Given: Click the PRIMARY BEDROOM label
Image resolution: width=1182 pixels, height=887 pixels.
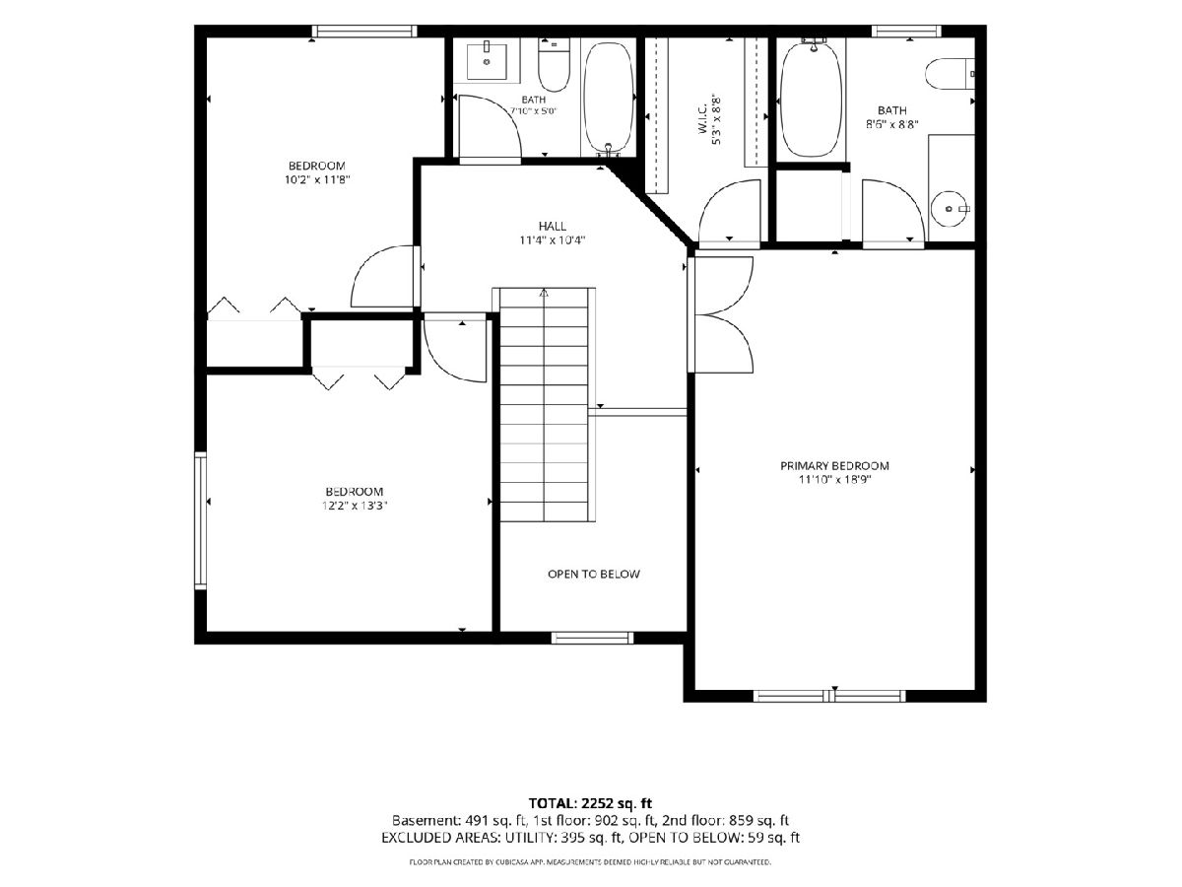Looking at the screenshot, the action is tap(834, 466).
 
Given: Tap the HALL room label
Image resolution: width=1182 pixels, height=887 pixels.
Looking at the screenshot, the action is tap(552, 227).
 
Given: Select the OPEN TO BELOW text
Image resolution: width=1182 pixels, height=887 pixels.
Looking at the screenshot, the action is tap(593, 575).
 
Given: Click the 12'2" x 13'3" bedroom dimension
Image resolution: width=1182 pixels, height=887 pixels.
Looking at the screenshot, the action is tap(355, 506).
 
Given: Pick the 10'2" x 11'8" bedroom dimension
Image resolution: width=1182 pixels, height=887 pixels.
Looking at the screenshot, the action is tap(317, 179).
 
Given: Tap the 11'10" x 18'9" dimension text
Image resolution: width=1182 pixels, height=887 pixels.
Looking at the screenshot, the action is tap(834, 480).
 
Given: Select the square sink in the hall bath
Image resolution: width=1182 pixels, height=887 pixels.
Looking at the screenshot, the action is tap(487, 62).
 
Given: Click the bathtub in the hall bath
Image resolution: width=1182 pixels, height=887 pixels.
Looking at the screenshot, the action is tap(608, 100).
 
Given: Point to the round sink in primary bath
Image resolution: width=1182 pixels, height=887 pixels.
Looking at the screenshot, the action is tap(951, 208).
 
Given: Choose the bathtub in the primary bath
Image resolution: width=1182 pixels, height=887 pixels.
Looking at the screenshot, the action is tap(811, 100).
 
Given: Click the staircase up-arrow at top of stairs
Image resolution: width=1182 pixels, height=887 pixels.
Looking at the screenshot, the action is tap(544, 294).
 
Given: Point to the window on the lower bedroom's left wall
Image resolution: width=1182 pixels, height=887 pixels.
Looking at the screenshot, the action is tap(200, 520).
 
